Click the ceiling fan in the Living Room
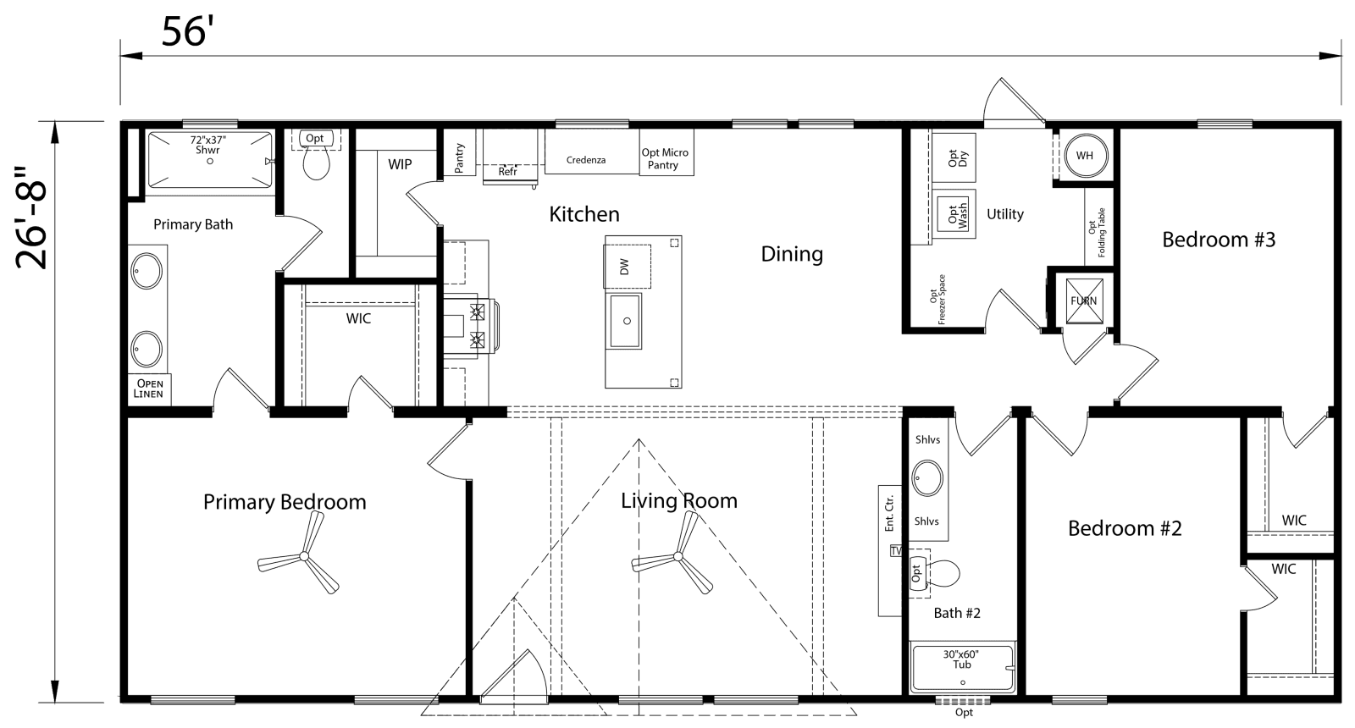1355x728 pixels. [676, 556]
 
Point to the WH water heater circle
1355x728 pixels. [1084, 156]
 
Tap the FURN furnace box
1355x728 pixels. [1083, 301]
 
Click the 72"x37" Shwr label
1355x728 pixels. [207, 145]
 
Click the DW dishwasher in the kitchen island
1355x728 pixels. [627, 267]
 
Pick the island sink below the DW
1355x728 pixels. [627, 321]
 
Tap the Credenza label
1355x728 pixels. [586, 159]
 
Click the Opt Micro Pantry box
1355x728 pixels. [665, 158]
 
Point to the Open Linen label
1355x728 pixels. [148, 389]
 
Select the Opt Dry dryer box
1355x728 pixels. [954, 157]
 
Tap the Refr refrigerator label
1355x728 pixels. [507, 172]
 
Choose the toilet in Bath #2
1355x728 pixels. [940, 573]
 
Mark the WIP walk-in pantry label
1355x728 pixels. [400, 163]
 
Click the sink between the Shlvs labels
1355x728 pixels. [927, 478]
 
